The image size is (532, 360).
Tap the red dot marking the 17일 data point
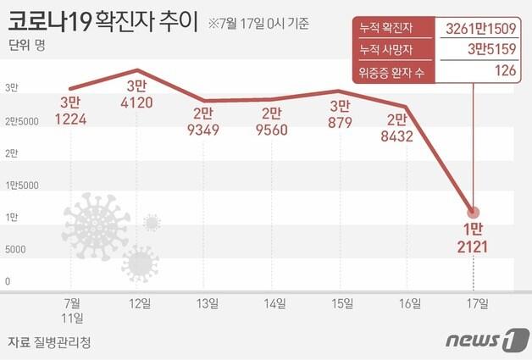click(474, 213)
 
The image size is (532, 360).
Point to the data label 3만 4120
click(136, 94)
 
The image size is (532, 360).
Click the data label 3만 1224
click(71, 111)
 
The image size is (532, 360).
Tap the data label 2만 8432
click(404, 128)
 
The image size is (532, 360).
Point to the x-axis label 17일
click(476, 302)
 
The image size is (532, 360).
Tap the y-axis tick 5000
click(16, 250)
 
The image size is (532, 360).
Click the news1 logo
click(485, 341)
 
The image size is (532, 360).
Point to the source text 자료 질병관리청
click(48, 342)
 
